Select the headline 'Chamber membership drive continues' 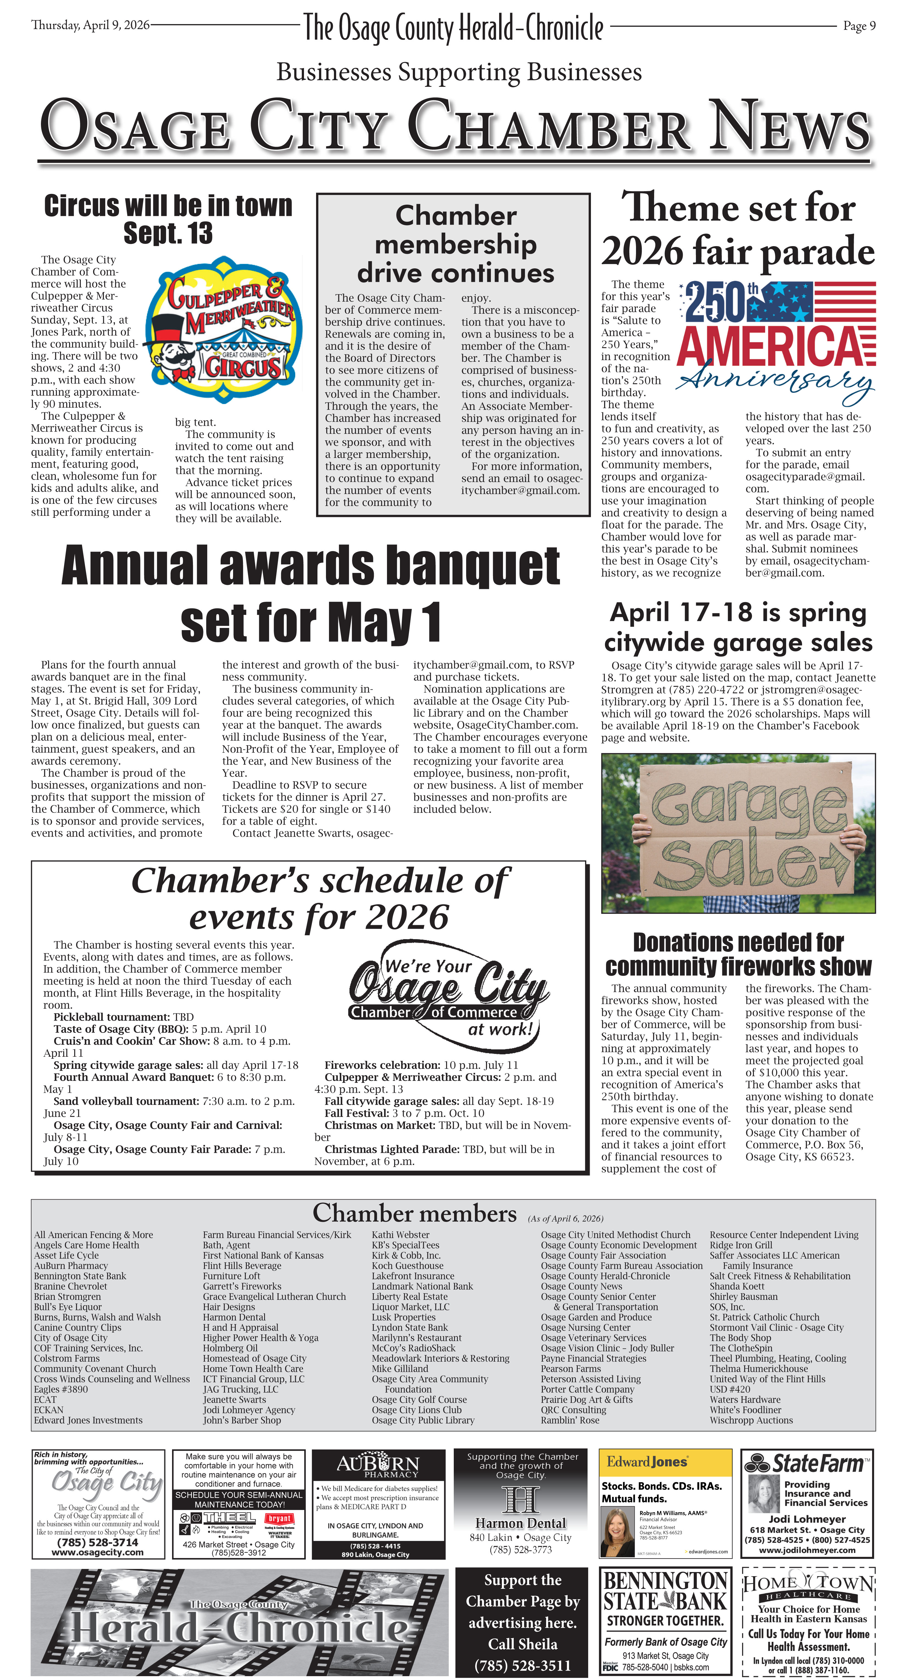pyautogui.click(x=455, y=244)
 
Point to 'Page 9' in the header pyautogui.click(x=859, y=26)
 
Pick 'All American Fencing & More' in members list pyautogui.click(x=93, y=1234)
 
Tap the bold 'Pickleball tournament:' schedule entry pyautogui.click(x=112, y=1017)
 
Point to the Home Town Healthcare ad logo pyautogui.click(x=807, y=1584)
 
